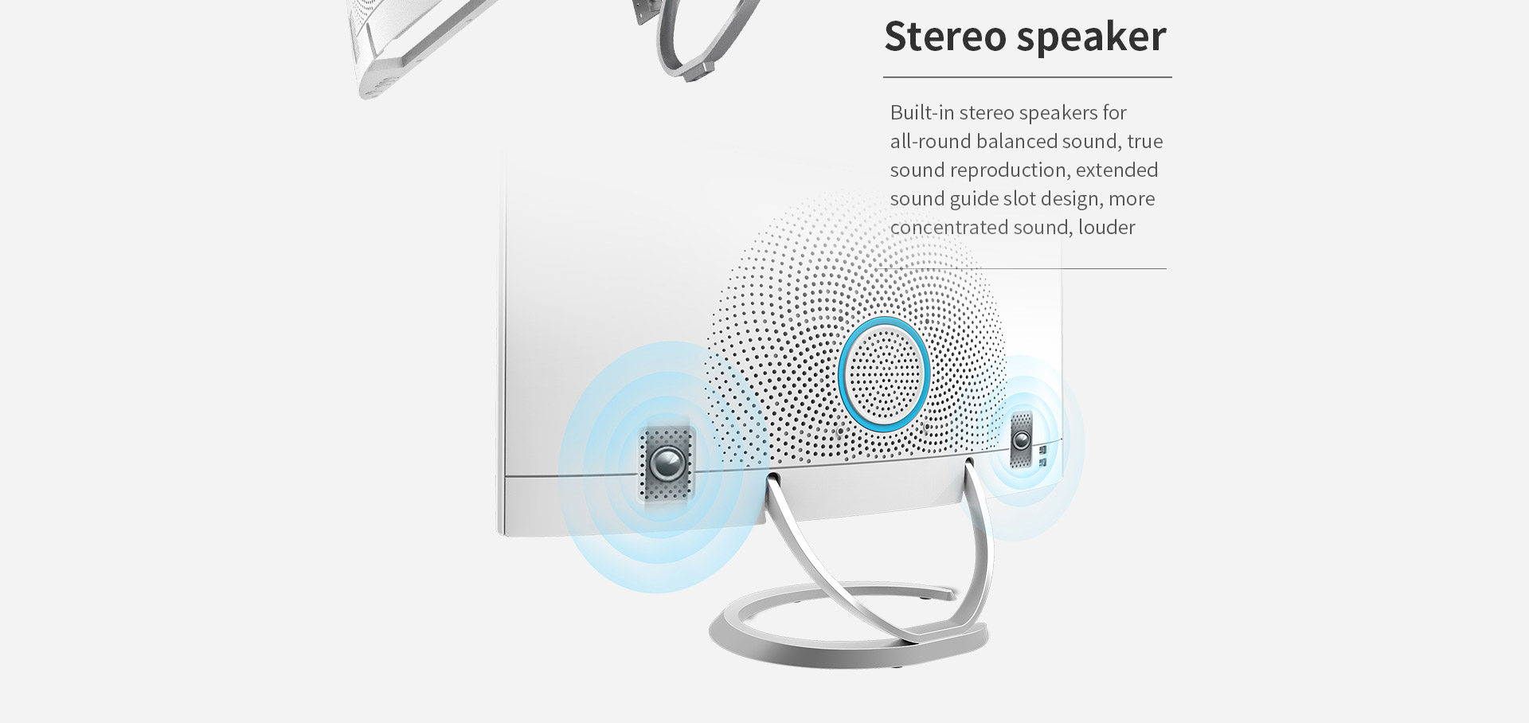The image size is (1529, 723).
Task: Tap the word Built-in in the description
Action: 922,112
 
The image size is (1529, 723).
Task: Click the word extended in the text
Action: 1116,170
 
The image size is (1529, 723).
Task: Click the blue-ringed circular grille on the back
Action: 884,373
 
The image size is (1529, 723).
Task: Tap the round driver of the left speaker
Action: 667,463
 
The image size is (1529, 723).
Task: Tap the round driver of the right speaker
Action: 1021,440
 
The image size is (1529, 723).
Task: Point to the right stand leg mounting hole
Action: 968,461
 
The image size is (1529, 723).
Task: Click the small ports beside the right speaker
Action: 1042,455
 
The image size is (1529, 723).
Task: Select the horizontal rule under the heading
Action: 1027,77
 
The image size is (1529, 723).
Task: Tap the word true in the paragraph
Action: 1145,142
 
